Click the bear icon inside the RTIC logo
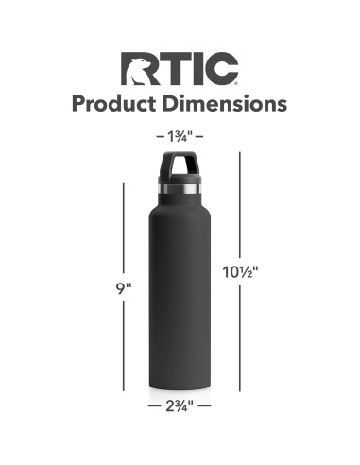coord(137,68)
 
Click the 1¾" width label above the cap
coord(180,137)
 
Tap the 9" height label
coord(125,287)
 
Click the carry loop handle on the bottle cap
coord(180,162)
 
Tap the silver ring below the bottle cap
coord(180,192)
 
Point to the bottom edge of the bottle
coord(180,387)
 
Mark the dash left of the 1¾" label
coord(160,137)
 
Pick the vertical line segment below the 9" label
coord(125,344)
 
